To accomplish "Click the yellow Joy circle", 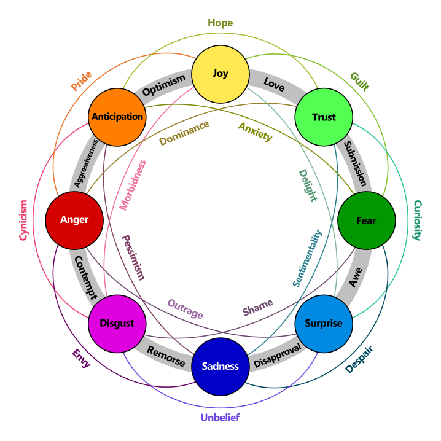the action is [x=221, y=74].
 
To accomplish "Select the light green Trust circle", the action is [x=324, y=117].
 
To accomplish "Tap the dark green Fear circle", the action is [x=367, y=221].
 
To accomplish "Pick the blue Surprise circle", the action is [x=324, y=324].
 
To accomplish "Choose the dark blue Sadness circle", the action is [x=221, y=367].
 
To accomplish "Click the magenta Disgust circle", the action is [x=117, y=324].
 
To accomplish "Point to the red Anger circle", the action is [x=74, y=221].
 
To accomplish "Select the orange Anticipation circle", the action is [x=117, y=117].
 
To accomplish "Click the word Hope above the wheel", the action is [x=221, y=23].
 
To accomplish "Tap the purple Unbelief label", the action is [x=221, y=418].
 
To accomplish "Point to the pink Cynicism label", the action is [x=23, y=221].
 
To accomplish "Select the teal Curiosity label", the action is [x=418, y=221].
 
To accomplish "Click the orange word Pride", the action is [x=81, y=81].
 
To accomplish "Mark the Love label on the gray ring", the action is [x=274, y=84].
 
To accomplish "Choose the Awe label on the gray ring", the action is [x=356, y=277].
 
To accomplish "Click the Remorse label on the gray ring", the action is [x=166, y=356].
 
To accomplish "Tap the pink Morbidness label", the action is [x=133, y=185].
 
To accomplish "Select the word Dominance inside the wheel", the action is [x=184, y=133].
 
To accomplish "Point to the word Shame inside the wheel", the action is [x=257, y=307].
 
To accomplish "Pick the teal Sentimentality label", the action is [x=307, y=258].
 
